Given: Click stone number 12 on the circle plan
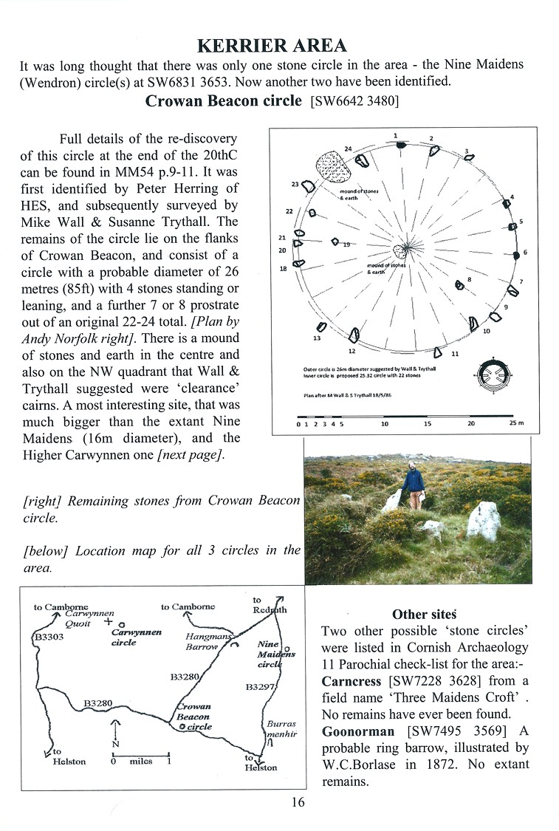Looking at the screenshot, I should coord(354,337).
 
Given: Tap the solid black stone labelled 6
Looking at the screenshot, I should coord(516,255).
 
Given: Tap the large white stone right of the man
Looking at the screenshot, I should coord(484,521).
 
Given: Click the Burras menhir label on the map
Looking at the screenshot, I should coord(281,729).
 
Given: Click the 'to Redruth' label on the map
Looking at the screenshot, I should coord(269,605).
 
